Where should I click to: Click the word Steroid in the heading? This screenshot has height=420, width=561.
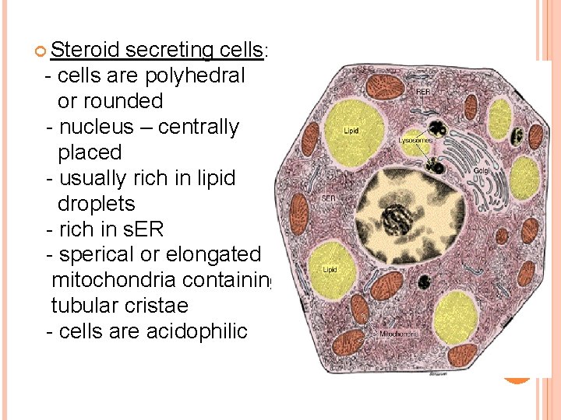85,51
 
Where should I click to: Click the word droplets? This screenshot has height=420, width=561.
97,204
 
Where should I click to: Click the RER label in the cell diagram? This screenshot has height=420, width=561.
423,92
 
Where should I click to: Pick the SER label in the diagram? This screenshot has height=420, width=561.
329,198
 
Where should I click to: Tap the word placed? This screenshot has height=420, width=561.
90,152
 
